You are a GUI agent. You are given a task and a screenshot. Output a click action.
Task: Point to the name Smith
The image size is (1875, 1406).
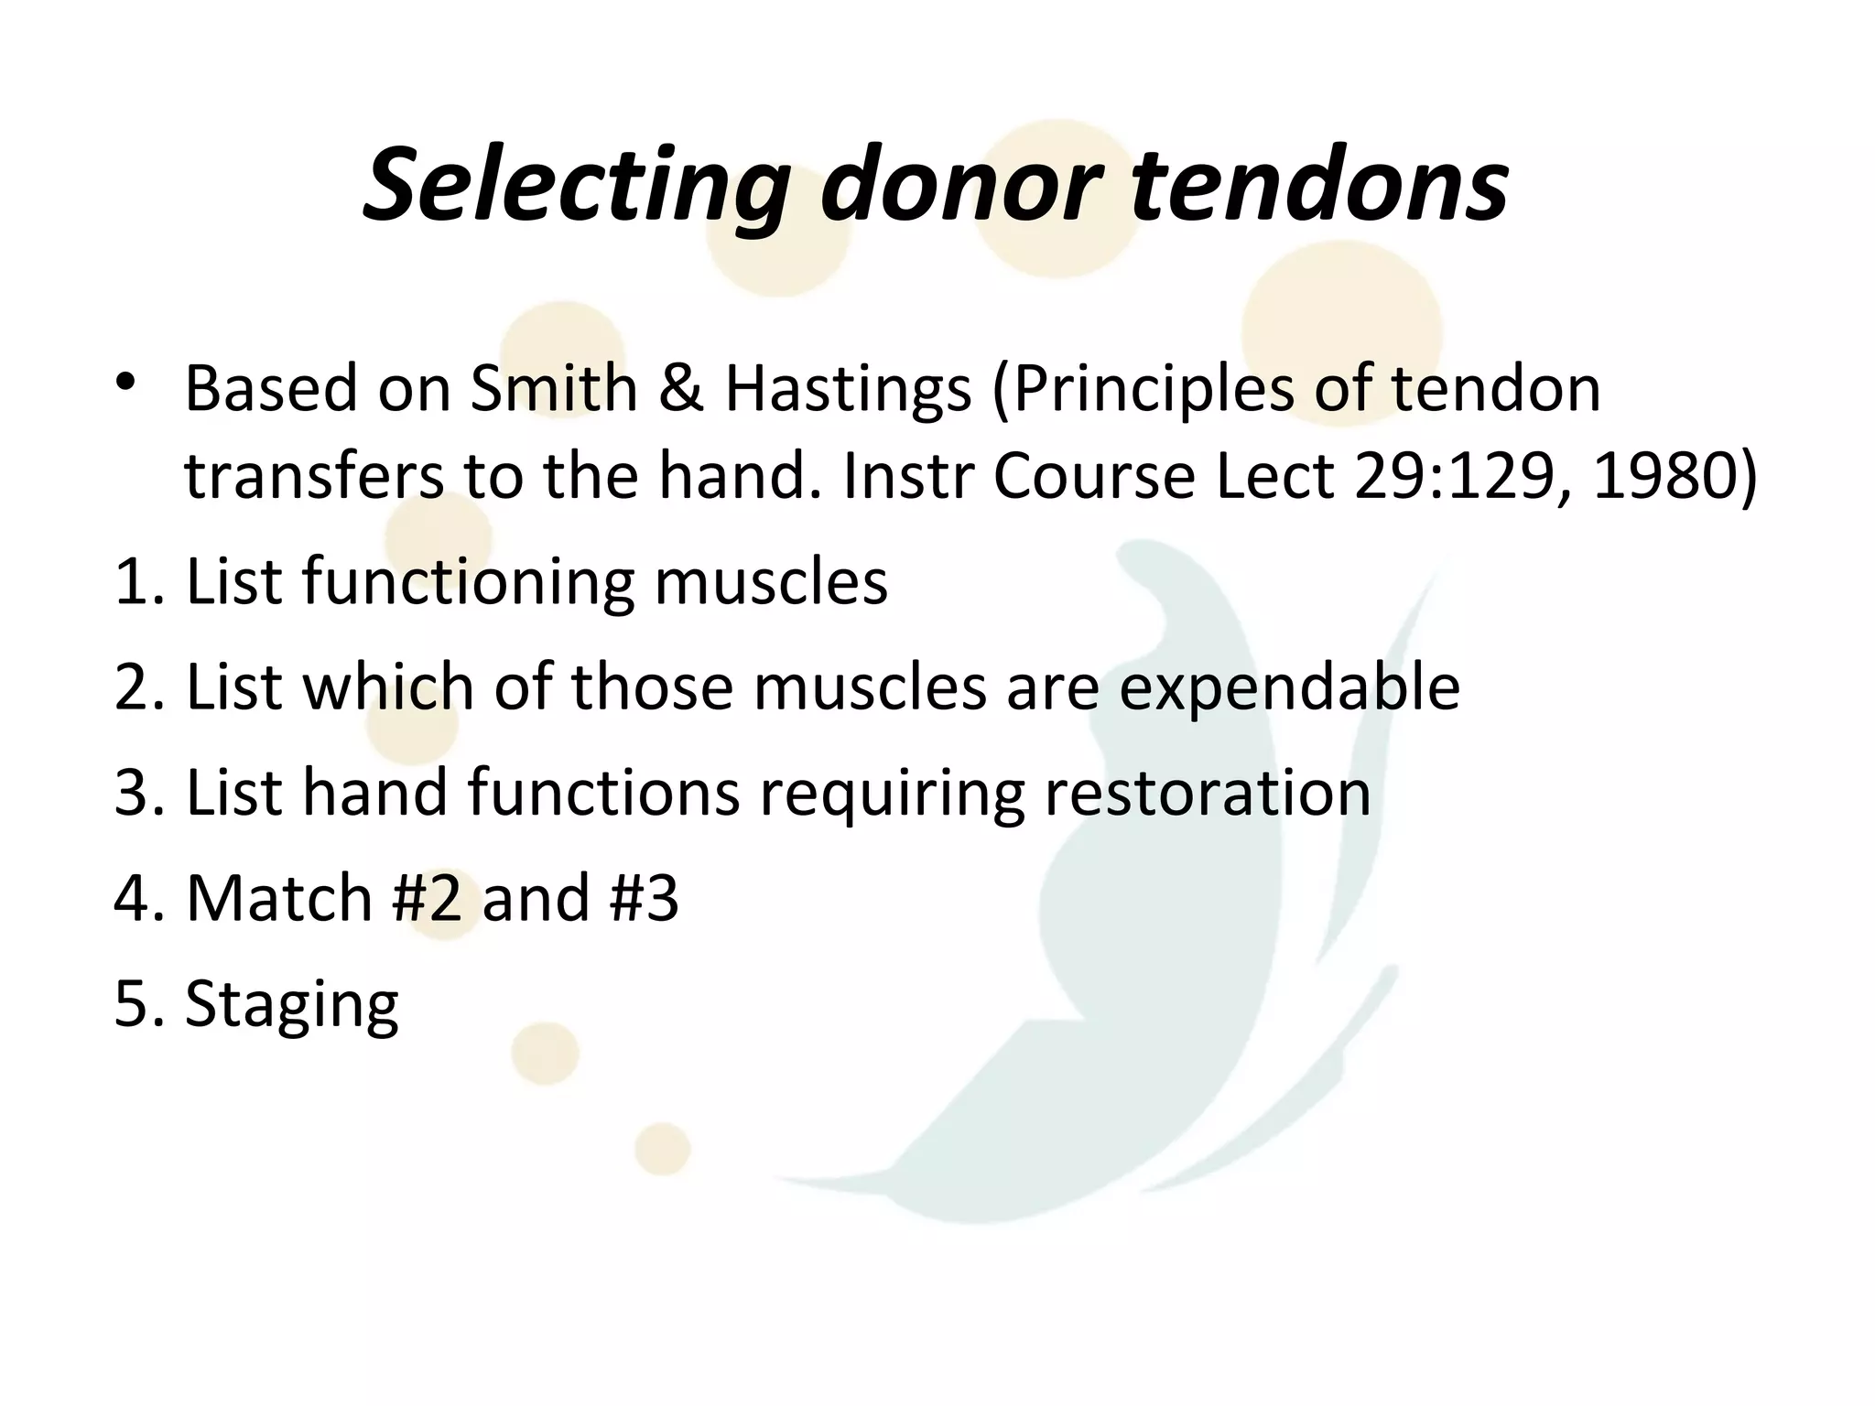[554, 389]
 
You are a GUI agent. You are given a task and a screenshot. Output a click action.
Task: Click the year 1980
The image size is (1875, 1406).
[1663, 477]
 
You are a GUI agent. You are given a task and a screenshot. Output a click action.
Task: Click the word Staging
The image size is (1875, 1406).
[292, 1006]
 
